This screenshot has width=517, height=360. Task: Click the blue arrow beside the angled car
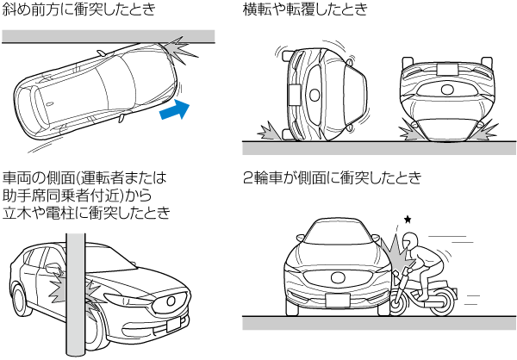174,109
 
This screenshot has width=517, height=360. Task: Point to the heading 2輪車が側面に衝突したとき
332,179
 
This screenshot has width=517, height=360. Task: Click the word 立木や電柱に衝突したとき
86,212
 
